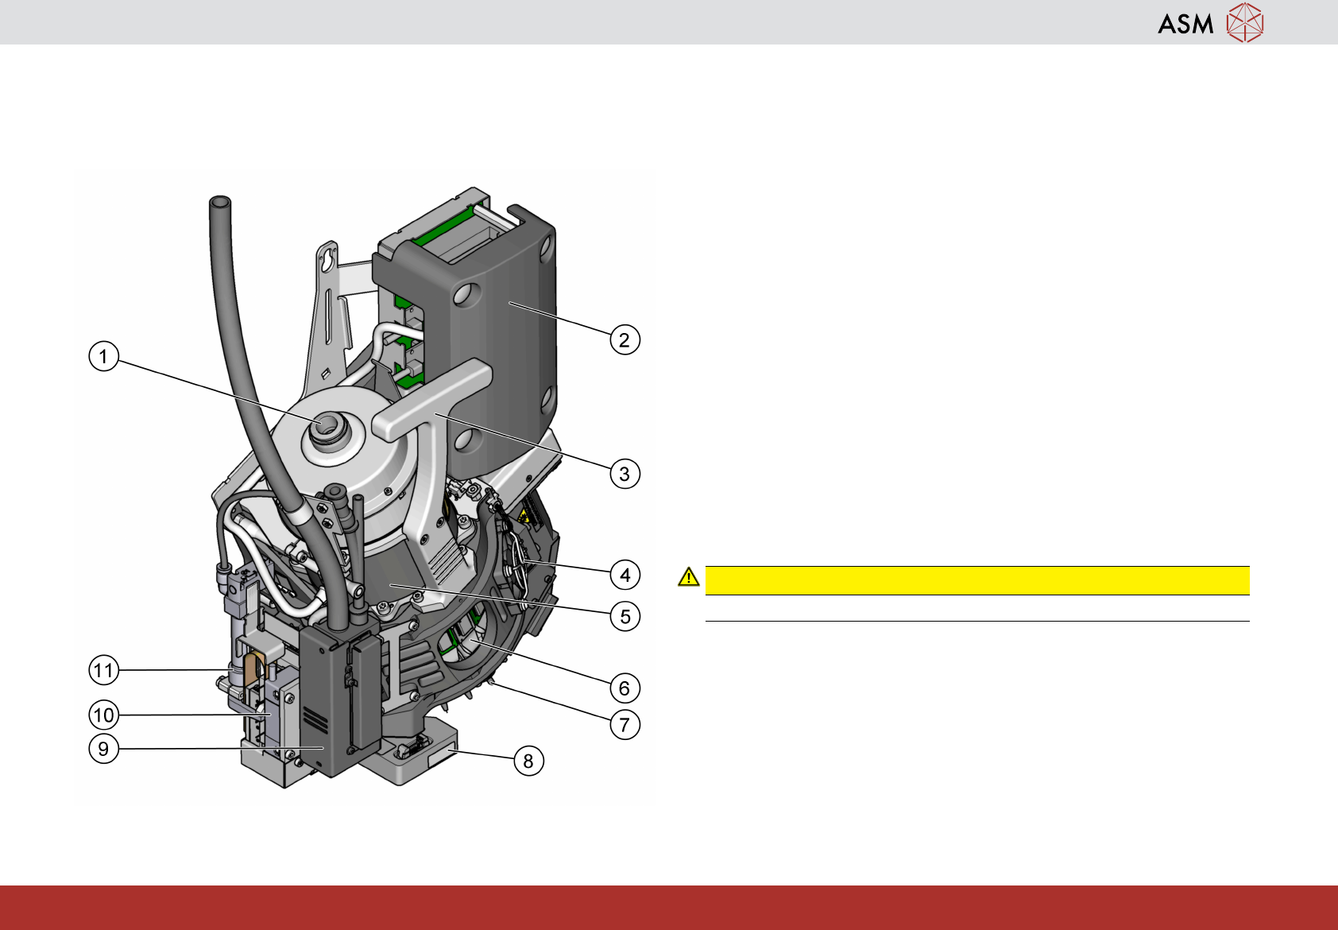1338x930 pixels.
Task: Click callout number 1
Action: click(103, 356)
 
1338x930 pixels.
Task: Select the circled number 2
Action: click(625, 340)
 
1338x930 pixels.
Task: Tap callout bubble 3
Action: click(625, 474)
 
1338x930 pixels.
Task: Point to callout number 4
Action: click(625, 575)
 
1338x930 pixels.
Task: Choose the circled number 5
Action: click(625, 616)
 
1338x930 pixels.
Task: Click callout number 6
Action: click(625, 688)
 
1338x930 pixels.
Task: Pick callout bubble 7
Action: click(625, 725)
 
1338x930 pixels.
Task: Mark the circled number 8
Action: click(528, 761)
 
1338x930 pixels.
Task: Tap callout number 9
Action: click(103, 748)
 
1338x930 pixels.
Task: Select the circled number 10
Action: click(103, 715)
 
